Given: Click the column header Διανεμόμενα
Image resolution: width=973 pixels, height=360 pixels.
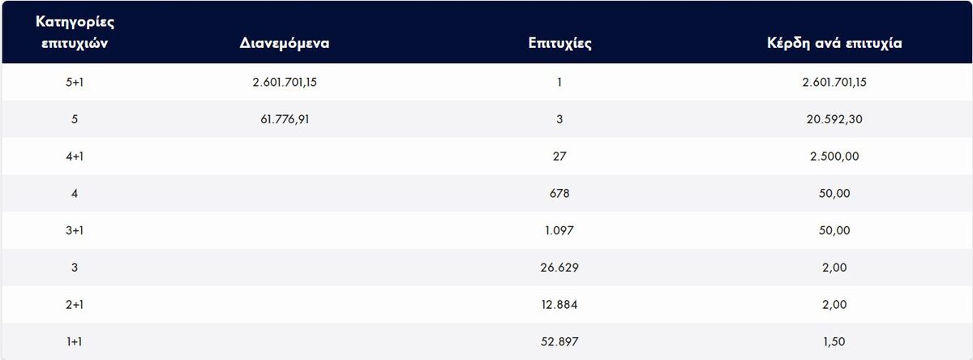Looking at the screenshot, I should (x=284, y=42).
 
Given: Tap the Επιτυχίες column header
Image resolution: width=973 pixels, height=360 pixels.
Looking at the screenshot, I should (x=559, y=42).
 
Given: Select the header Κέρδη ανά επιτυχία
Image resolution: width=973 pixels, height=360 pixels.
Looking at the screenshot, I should (x=834, y=42).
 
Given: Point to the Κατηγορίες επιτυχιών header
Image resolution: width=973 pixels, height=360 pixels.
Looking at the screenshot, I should (x=74, y=33).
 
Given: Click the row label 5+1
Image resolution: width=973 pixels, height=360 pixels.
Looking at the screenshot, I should (x=74, y=82).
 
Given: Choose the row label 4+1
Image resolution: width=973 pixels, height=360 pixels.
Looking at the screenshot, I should (x=74, y=156).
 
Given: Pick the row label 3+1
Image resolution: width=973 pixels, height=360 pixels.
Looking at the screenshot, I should (x=74, y=230).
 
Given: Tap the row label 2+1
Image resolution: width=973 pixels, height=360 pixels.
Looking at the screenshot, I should (x=74, y=305).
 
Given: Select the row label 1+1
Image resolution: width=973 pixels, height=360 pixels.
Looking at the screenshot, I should (x=74, y=342).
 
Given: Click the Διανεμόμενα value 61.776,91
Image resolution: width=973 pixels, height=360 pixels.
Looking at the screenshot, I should (x=281, y=119).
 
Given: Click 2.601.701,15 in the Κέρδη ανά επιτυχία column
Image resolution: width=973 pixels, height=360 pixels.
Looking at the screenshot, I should (x=834, y=82).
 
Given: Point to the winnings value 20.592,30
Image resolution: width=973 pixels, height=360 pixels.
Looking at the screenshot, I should (x=834, y=119).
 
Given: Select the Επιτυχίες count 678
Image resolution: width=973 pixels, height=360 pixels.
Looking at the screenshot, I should (x=559, y=194).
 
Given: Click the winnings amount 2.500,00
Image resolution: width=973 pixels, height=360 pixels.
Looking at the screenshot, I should (x=834, y=156).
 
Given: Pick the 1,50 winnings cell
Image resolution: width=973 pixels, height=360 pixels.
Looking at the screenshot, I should (x=834, y=342).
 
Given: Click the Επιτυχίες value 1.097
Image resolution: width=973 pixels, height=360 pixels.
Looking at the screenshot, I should (x=559, y=230).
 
